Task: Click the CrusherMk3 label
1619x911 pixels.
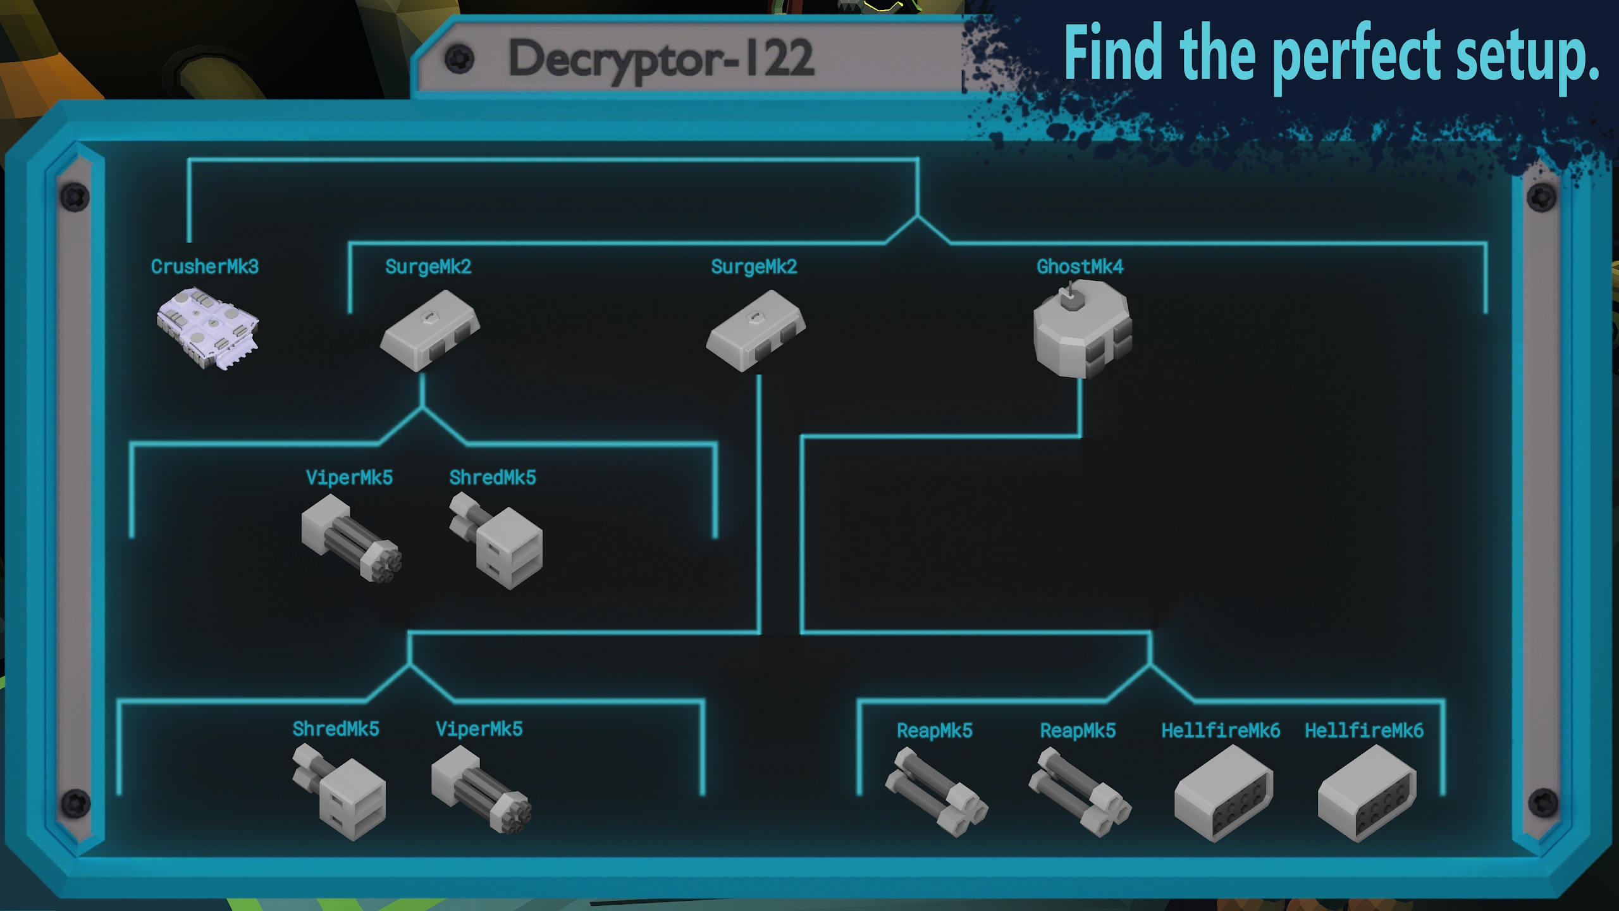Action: [x=204, y=267]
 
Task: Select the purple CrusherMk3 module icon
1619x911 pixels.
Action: [x=207, y=328]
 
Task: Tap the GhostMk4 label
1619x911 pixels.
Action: [x=1080, y=267]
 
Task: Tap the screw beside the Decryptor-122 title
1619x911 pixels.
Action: [x=459, y=59]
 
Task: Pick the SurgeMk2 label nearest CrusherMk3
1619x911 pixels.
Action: [x=428, y=267]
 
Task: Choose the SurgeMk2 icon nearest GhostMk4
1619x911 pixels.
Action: [x=755, y=330]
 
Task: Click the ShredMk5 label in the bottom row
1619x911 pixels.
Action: [x=336, y=729]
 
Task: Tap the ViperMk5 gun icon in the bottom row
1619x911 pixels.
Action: [x=481, y=789]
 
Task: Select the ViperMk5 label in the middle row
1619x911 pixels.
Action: [x=349, y=478]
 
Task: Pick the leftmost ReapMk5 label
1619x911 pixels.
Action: [x=934, y=731]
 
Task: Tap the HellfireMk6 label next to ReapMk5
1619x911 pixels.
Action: [x=1221, y=731]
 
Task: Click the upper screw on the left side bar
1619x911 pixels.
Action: [x=75, y=197]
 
